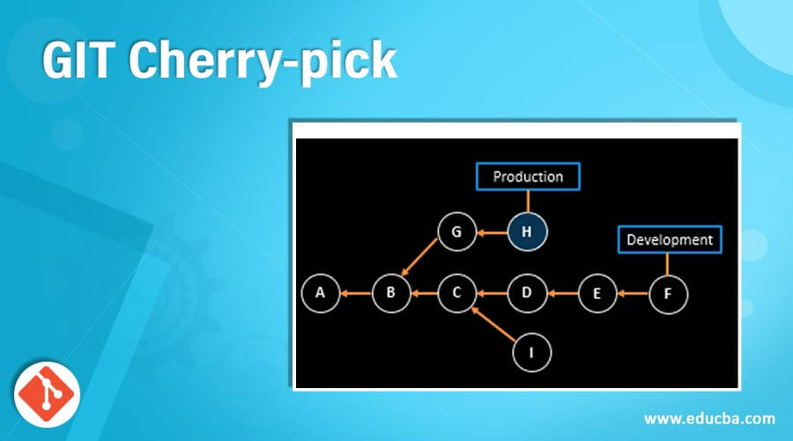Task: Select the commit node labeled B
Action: [x=390, y=294]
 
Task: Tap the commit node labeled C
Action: [x=457, y=294]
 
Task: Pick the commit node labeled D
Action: [x=527, y=294]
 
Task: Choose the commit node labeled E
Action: [x=597, y=294]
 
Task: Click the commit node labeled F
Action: [x=668, y=294]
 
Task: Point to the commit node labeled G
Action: [x=456, y=233]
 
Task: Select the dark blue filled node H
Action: [x=527, y=233]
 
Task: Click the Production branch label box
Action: [x=528, y=176]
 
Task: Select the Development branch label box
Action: [x=669, y=239]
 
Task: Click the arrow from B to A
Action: [x=354, y=294]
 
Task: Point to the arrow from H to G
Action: [x=492, y=233]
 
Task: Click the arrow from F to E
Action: [x=633, y=294]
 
